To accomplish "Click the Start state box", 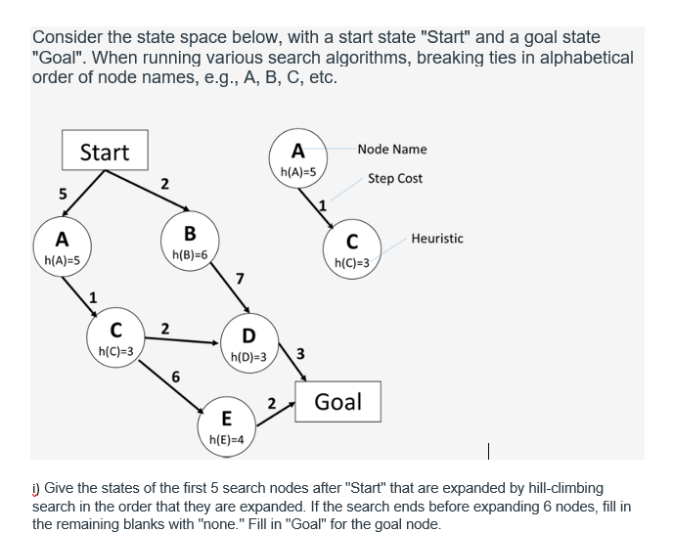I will point(104,152).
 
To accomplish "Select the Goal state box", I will point(337,401).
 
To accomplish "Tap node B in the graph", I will point(189,241).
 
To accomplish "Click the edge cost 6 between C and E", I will point(175,377).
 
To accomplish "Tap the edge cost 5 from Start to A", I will point(63,193).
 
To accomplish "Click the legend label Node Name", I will point(391,149).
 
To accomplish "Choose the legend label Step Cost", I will point(395,178).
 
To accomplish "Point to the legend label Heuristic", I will point(437,238).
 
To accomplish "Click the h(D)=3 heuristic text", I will point(248,358).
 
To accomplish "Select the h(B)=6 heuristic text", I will point(189,254).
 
